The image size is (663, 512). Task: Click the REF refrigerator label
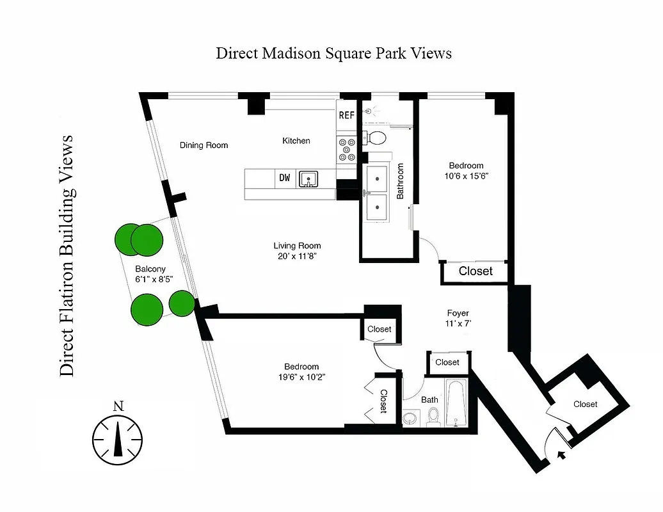[x=346, y=116]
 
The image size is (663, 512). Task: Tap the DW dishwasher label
[x=284, y=179]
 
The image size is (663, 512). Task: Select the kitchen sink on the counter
[x=309, y=179]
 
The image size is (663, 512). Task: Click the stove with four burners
[x=347, y=150]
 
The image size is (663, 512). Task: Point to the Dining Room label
[x=204, y=145]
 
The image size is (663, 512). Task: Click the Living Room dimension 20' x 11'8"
[x=297, y=256]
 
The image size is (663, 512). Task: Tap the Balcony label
[x=150, y=269]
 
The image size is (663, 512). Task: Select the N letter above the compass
[x=117, y=406]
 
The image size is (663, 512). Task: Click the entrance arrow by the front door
[x=562, y=456]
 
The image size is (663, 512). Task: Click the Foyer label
[x=458, y=313]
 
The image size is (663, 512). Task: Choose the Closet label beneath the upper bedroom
[x=475, y=271]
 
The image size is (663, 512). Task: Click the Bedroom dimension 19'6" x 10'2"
[x=301, y=377]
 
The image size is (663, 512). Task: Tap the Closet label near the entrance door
[x=585, y=404]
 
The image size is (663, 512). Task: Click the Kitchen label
[x=296, y=141]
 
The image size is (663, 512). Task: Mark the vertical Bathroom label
[x=401, y=181]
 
